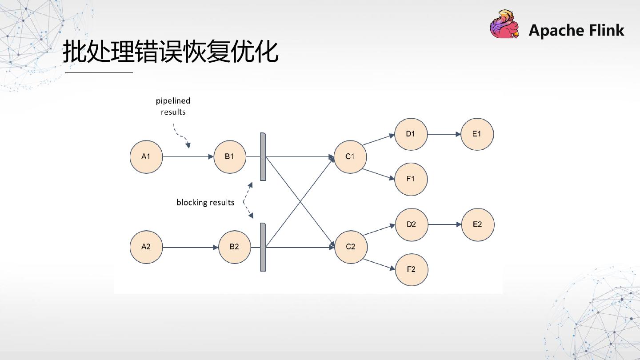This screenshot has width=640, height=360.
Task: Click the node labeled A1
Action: (x=146, y=156)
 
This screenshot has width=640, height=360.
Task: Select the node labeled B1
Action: (x=230, y=156)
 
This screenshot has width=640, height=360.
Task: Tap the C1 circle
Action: (x=350, y=156)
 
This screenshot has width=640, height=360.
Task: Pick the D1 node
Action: (x=411, y=134)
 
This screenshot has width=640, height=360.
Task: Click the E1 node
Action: (x=477, y=134)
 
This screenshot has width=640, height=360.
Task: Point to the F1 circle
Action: (x=411, y=179)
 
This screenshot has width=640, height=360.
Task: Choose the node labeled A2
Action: (x=146, y=247)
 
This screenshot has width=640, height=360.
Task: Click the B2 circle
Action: (x=235, y=247)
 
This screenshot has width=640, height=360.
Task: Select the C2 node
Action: (x=351, y=247)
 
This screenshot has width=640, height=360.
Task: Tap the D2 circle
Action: (x=411, y=224)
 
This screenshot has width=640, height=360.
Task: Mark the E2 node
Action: (x=477, y=224)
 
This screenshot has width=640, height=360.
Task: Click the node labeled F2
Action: (x=411, y=269)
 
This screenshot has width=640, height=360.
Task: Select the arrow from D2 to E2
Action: (x=444, y=224)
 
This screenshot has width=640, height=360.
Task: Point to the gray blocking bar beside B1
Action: (x=263, y=156)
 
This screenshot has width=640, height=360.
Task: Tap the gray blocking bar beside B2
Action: (x=263, y=247)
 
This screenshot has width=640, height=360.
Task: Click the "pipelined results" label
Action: (x=173, y=107)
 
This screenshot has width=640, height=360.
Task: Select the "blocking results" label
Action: (x=205, y=203)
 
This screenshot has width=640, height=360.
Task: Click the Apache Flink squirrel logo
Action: (x=505, y=24)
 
